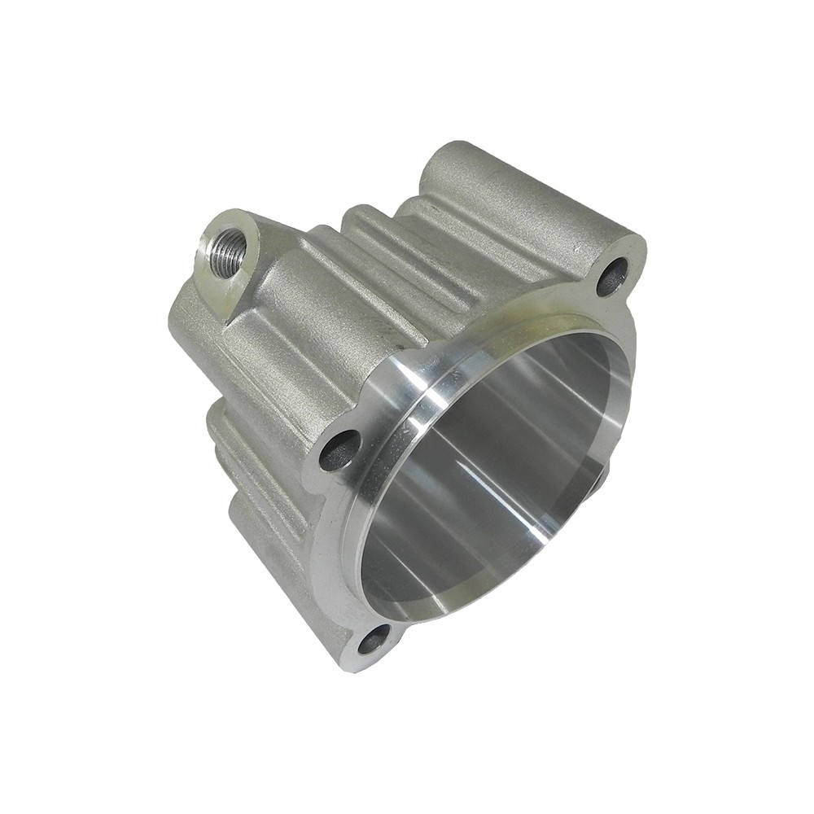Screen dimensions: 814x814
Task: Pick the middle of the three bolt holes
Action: pos(340,449)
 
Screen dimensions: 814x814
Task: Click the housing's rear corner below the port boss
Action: pos(187,326)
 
